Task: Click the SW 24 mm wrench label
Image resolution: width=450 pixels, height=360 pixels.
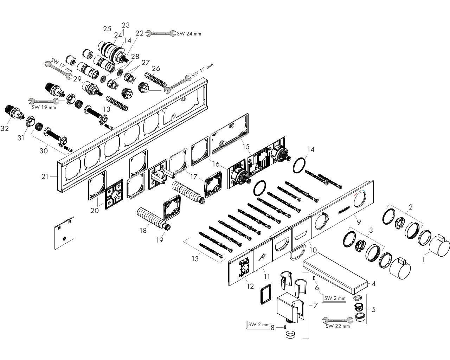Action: pyautogui.click(x=189, y=34)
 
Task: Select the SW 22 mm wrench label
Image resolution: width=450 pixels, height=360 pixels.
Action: pyautogui.click(x=337, y=326)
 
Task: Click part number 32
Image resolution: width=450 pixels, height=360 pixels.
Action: pyautogui.click(x=5, y=129)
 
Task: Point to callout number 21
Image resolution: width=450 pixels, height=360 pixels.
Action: pyautogui.click(x=45, y=176)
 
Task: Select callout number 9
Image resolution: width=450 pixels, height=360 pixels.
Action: pyautogui.click(x=359, y=222)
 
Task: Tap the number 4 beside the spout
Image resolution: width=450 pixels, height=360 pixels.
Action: pyautogui.click(x=374, y=283)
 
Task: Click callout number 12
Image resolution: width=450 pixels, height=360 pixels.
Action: pyautogui.click(x=250, y=286)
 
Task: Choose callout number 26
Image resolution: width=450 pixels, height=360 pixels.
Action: pyautogui.click(x=156, y=68)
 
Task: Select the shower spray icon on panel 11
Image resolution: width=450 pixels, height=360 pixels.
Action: pyautogui.click(x=263, y=257)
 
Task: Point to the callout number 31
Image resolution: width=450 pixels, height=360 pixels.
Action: pyautogui.click(x=21, y=138)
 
